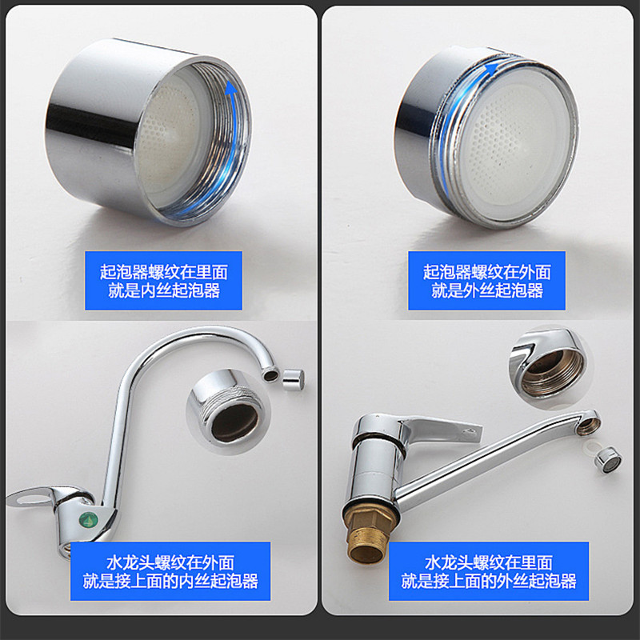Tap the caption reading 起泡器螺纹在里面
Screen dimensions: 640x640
click(x=164, y=272)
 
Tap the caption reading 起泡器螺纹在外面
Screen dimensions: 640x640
click(x=487, y=272)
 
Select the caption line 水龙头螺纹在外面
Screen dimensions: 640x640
click(x=170, y=562)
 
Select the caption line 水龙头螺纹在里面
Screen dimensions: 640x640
click(x=489, y=562)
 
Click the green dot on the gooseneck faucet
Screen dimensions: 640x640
click(x=87, y=520)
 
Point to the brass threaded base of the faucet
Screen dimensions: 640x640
click(x=367, y=534)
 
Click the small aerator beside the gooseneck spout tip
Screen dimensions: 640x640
click(x=293, y=378)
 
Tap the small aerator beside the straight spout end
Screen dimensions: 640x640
click(x=608, y=459)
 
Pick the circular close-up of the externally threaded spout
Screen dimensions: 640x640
click(x=228, y=411)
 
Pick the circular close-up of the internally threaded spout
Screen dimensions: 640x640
click(x=548, y=367)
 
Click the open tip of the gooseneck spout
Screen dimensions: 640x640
click(x=270, y=374)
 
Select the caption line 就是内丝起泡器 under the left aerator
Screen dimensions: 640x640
click(x=164, y=290)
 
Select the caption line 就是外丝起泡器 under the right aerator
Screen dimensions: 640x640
click(x=487, y=290)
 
